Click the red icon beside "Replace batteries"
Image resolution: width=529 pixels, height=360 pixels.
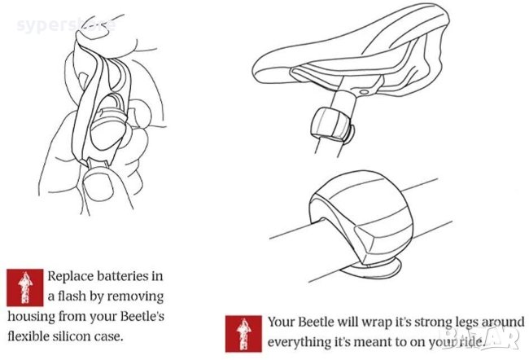[24, 286]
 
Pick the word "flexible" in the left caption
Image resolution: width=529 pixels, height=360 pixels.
[33, 333]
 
